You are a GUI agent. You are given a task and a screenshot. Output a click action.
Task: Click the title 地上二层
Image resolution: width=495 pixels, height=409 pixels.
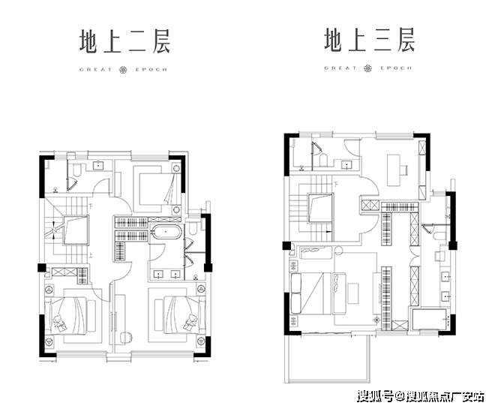pyautogui.click(x=124, y=41)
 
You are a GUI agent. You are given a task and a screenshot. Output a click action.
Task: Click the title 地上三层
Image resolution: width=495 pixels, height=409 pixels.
pyautogui.click(x=369, y=41)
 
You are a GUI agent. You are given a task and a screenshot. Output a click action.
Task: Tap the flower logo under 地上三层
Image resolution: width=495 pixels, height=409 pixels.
pyautogui.click(x=369, y=68)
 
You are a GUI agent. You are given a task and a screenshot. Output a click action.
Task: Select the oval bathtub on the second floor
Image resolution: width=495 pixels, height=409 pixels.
pyautogui.click(x=164, y=233)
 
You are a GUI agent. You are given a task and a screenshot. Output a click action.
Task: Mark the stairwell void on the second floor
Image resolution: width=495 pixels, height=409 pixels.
pyautogui.click(x=74, y=233)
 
